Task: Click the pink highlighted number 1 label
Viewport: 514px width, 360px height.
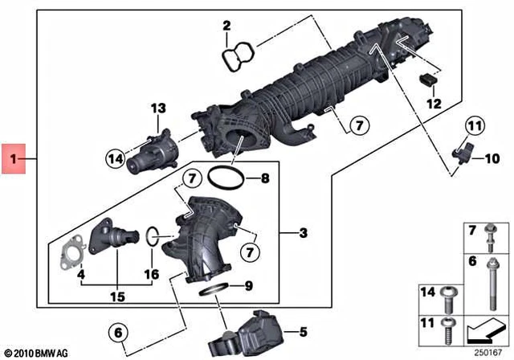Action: tap(14, 158)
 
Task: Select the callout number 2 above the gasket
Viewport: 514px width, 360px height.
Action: tap(227, 26)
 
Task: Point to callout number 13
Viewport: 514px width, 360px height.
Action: tap(157, 108)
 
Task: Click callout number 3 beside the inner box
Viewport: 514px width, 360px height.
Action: tap(303, 234)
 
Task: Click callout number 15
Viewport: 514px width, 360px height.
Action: tap(117, 297)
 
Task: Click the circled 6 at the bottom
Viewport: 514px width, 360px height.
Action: tap(117, 332)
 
